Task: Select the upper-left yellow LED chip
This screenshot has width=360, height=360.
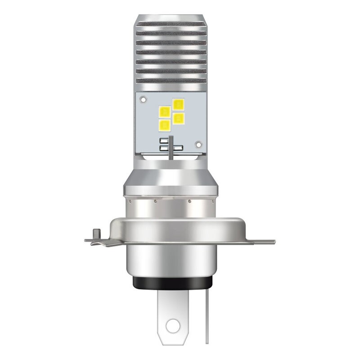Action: click(x=165, y=110)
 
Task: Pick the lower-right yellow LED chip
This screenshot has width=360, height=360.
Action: click(x=179, y=118)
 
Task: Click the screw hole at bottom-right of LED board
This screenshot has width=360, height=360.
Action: click(x=197, y=144)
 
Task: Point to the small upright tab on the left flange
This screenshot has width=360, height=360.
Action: click(x=95, y=234)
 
